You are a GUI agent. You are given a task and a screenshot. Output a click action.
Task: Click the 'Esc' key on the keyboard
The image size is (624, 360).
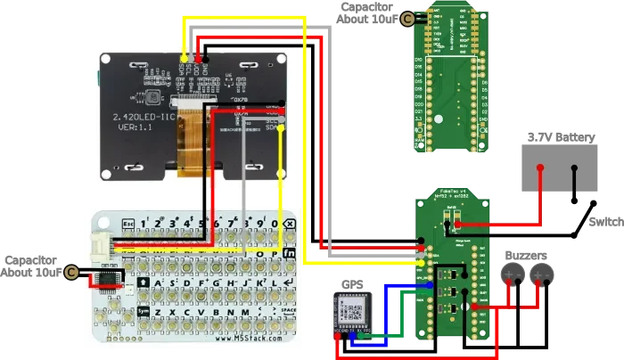[x=127, y=223]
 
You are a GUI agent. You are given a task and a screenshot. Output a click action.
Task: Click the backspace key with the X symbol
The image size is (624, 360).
[x=289, y=223]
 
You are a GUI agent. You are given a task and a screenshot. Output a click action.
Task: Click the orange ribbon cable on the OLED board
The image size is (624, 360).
[x=189, y=143]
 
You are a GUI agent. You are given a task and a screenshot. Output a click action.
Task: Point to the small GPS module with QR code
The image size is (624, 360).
[x=351, y=315]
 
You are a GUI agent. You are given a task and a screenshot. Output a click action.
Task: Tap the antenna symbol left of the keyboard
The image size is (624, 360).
[x=71, y=272]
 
